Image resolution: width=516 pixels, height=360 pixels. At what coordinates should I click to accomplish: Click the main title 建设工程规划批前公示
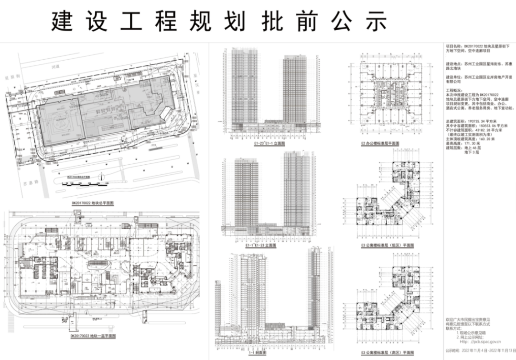[219, 21]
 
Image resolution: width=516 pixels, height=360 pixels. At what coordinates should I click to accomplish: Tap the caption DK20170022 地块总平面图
[93, 203]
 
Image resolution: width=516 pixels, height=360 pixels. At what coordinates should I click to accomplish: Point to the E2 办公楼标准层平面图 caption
[380, 143]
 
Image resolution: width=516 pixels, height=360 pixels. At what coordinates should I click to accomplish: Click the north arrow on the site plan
[102, 178]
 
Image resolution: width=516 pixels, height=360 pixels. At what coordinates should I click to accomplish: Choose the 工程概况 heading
[454, 90]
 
